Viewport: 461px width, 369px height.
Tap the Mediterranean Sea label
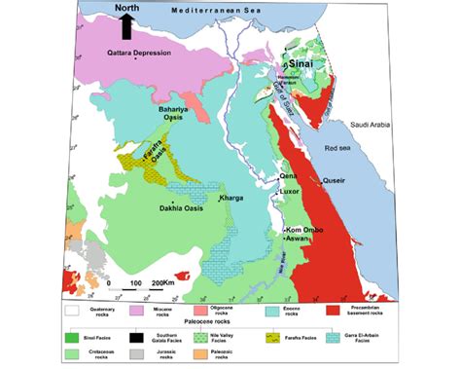(x=219, y=9)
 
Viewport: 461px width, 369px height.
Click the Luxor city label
(x=289, y=193)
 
